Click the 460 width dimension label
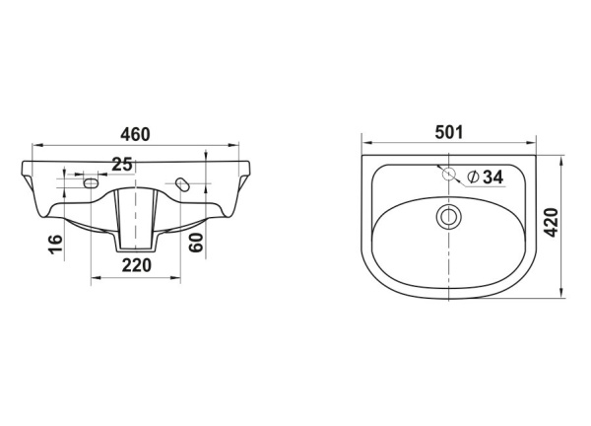click(x=135, y=134)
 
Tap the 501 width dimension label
click(x=448, y=132)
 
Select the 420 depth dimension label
click(x=552, y=222)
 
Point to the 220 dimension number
click(x=137, y=265)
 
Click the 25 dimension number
click(x=122, y=165)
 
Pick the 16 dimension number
click(x=56, y=245)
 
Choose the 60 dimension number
click(x=196, y=243)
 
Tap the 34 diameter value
click(x=493, y=177)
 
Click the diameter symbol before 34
click(x=473, y=177)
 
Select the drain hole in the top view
click(x=448, y=217)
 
